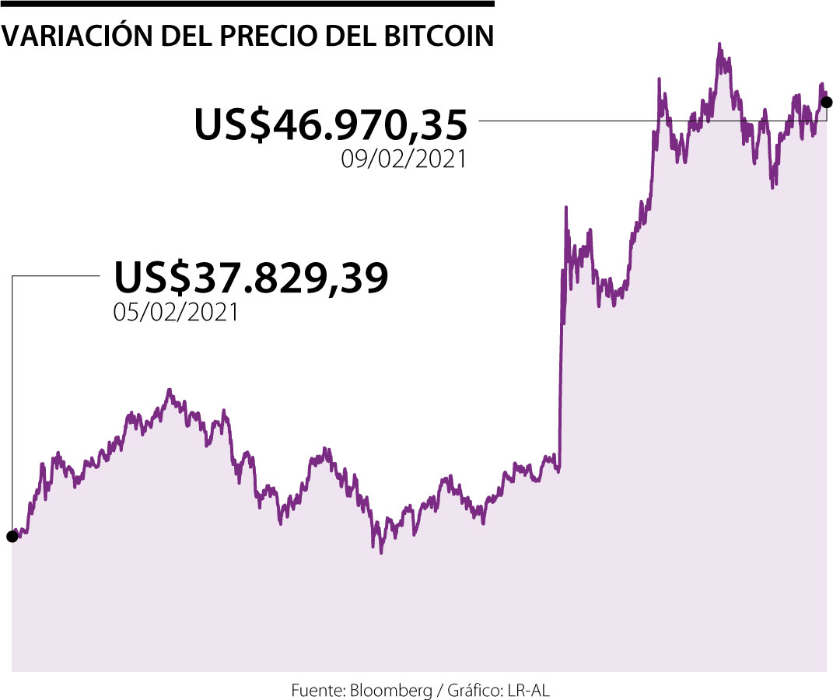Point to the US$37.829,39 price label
251,278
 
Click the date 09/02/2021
404,159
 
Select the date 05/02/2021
176,313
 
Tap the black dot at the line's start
12,536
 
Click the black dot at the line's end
827,102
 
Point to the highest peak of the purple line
719,45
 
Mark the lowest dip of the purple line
381,551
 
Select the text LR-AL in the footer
532,689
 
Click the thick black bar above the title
247,4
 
